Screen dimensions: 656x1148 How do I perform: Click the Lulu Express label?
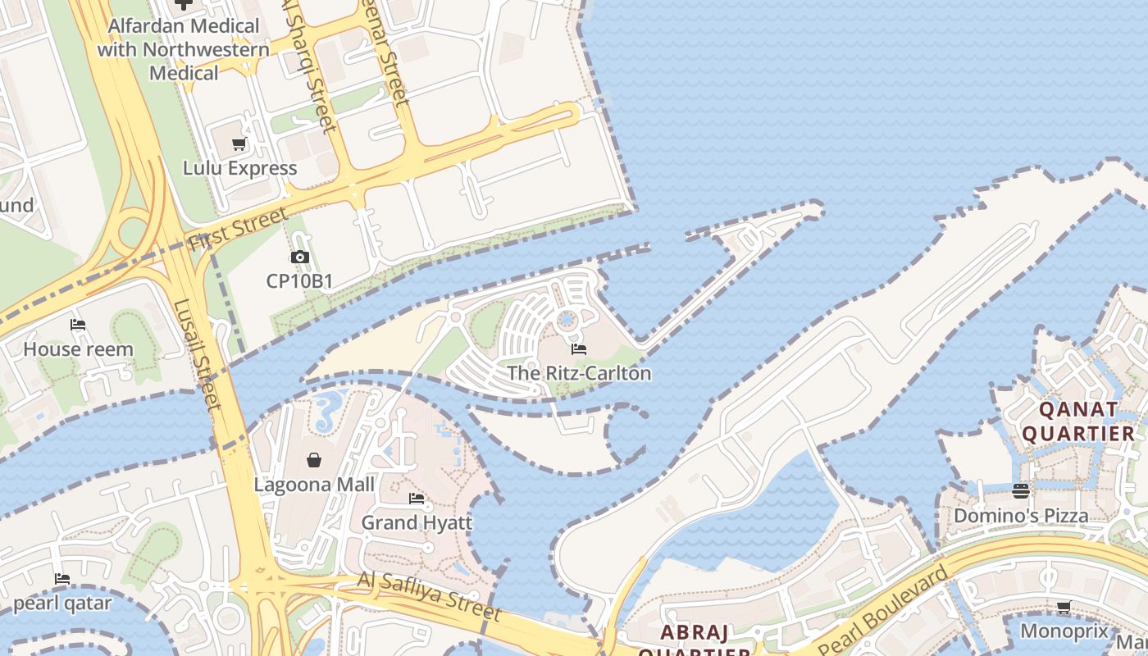click(239, 168)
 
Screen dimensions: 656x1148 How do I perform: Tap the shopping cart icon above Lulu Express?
click(239, 145)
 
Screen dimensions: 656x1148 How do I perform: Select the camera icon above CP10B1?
click(299, 257)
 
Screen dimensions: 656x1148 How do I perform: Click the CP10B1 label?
click(299, 281)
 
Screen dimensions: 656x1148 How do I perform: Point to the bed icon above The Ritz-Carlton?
click(579, 349)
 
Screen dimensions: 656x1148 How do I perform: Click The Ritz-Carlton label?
click(579, 373)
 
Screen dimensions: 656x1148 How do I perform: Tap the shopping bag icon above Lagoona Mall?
click(314, 460)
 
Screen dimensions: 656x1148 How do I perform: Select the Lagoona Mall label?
click(314, 485)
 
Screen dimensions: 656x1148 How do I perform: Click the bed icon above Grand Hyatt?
click(417, 499)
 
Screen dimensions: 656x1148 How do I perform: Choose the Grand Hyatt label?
click(417, 522)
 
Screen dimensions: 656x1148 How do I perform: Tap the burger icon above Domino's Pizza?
click(1021, 491)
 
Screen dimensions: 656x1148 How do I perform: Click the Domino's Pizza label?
click(1021, 516)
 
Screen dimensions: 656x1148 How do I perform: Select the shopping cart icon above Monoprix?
click(1064, 608)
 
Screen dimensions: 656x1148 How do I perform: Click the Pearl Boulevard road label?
click(893, 603)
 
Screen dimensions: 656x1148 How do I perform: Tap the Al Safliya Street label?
click(429, 596)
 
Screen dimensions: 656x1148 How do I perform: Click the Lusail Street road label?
click(196, 354)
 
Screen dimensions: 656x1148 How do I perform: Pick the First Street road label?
click(238, 229)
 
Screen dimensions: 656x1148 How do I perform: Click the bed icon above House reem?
click(78, 326)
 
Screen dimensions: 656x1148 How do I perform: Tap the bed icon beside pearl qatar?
click(62, 579)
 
